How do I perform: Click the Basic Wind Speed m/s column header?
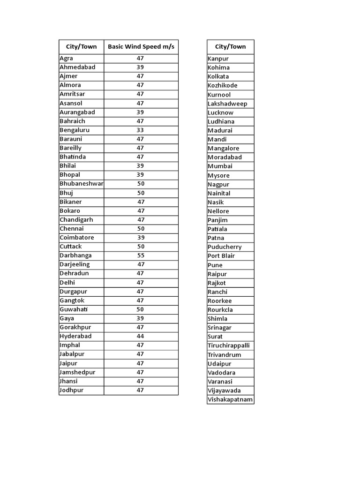[x=141, y=46]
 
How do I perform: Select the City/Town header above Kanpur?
[x=230, y=46]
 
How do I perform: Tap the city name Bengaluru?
[x=75, y=130]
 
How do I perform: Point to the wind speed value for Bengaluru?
[x=140, y=130]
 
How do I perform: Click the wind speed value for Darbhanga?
[x=141, y=255]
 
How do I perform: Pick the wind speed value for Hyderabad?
[x=140, y=336]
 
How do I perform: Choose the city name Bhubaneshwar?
[x=81, y=184]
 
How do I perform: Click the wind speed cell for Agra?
[x=140, y=58]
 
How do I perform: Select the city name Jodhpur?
[x=71, y=390]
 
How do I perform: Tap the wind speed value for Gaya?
[x=140, y=318]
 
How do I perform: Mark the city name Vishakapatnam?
[x=230, y=400]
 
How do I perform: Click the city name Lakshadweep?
[x=227, y=104]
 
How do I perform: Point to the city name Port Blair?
[x=221, y=256]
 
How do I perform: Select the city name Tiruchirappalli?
[x=229, y=345]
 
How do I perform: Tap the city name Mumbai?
[x=220, y=166]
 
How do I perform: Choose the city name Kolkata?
[x=218, y=76]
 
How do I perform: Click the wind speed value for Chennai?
[x=141, y=229]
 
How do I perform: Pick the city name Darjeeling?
[x=75, y=264]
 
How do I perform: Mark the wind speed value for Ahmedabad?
[x=140, y=67]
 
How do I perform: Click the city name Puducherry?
[x=225, y=247]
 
